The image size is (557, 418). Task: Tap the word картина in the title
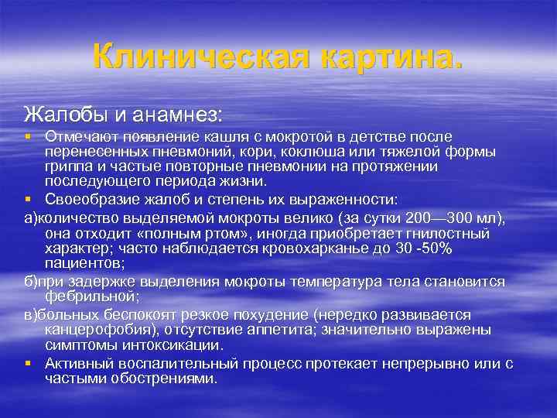(x=387, y=55)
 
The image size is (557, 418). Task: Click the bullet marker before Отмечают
(x=28, y=137)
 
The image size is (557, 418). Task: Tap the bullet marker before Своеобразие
(x=28, y=197)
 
